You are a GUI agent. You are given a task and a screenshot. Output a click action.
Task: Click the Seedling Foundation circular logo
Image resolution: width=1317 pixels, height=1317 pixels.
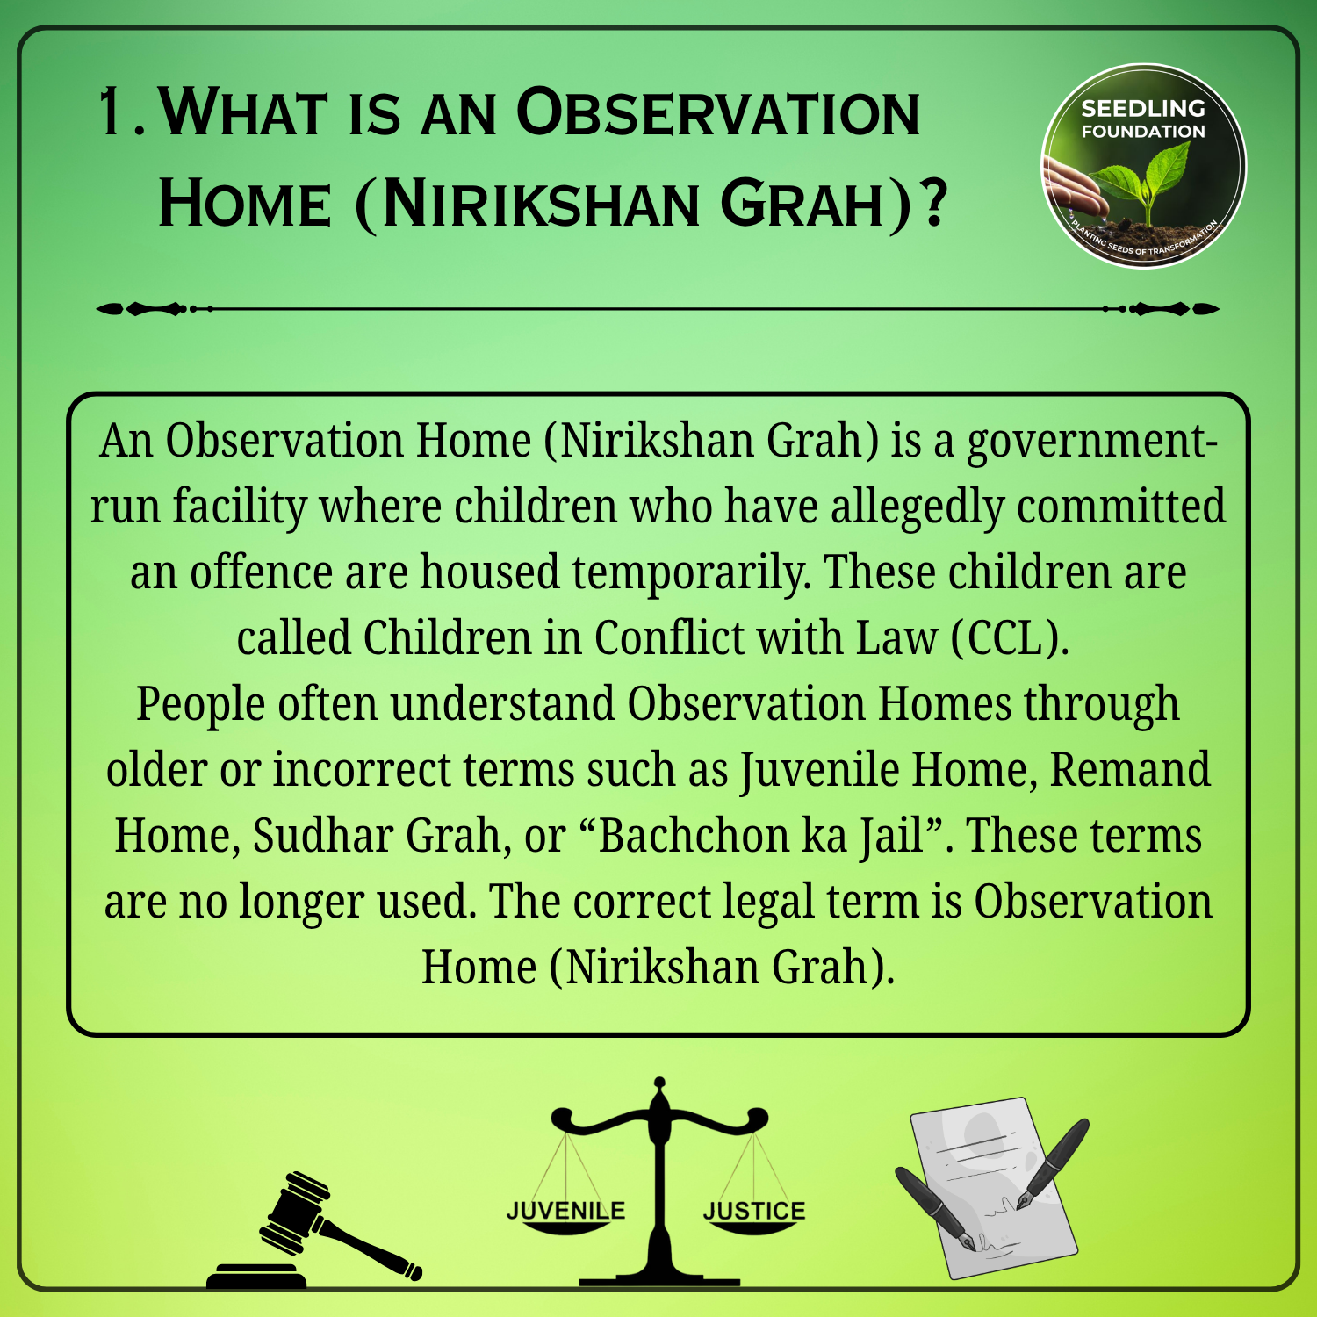click(1143, 166)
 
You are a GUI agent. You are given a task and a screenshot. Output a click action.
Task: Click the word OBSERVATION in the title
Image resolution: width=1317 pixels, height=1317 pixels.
click(718, 112)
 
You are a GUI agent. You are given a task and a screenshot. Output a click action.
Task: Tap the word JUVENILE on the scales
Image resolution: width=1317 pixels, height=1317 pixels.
click(565, 1211)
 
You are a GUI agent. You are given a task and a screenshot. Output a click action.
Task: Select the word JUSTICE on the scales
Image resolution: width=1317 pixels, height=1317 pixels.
click(754, 1211)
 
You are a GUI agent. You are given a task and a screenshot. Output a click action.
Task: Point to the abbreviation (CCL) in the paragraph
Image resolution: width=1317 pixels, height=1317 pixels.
click(1011, 637)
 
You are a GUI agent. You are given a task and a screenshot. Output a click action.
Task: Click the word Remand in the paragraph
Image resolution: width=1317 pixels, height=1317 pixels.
click(1130, 769)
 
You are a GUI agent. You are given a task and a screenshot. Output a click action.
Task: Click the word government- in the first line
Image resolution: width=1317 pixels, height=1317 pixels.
click(1092, 442)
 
